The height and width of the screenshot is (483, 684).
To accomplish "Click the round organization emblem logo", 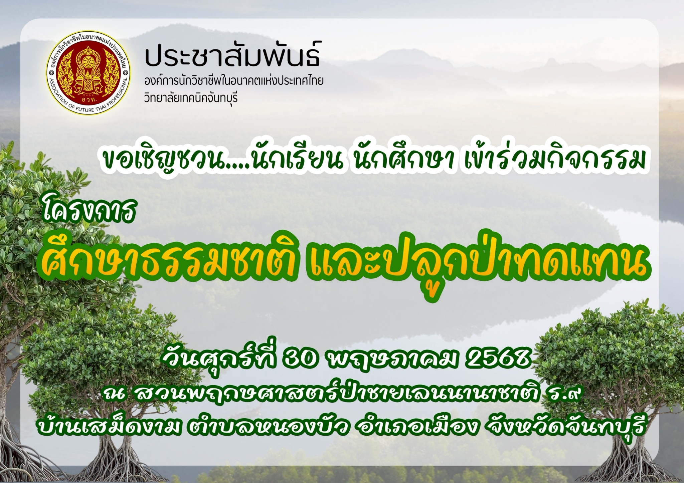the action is coord(88,73).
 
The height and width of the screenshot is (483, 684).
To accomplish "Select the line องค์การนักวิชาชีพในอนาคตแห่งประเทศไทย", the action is coord(234,81).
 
